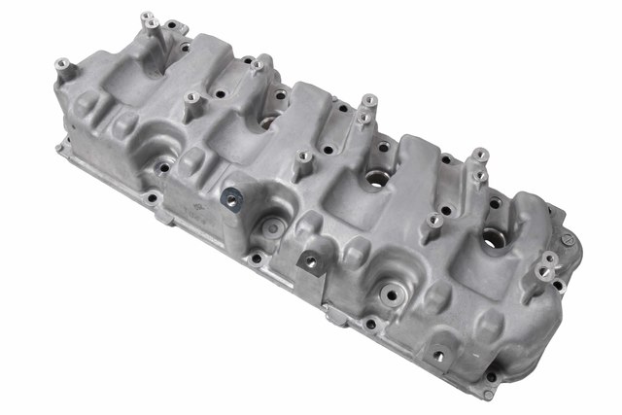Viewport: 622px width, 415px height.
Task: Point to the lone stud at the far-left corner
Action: coord(62,67)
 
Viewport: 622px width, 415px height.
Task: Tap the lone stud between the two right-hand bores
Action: coord(434,223)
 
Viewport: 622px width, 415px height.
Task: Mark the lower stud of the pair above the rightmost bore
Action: coord(479,176)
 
